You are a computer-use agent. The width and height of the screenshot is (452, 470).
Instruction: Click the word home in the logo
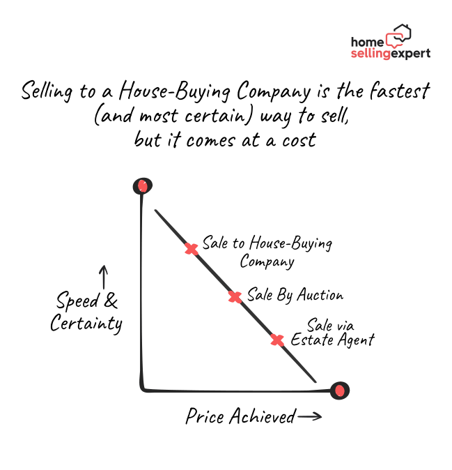click(x=367, y=42)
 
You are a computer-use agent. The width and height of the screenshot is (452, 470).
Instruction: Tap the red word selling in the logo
click(x=371, y=54)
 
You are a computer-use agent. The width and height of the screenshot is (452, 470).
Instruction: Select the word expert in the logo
click(x=411, y=54)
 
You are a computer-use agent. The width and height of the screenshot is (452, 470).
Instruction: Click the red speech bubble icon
click(x=395, y=40)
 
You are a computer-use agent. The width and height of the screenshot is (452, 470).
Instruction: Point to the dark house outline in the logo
click(x=403, y=32)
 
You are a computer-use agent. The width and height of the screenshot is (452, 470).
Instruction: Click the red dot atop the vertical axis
click(x=143, y=186)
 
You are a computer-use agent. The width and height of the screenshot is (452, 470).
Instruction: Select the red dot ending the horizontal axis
click(x=340, y=391)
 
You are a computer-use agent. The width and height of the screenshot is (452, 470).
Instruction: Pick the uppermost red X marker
click(x=192, y=249)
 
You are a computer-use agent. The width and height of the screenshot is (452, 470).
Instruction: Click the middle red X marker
click(x=235, y=297)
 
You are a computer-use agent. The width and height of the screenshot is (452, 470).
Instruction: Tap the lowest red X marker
click(x=277, y=340)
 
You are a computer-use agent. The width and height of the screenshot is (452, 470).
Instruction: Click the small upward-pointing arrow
click(x=104, y=277)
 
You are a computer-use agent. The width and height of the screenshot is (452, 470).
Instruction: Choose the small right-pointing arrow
click(x=310, y=416)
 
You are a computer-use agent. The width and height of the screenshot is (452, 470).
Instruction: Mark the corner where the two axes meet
click(x=143, y=389)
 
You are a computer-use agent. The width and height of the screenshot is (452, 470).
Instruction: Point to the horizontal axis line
click(x=237, y=391)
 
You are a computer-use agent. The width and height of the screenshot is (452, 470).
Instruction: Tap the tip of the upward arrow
click(x=104, y=266)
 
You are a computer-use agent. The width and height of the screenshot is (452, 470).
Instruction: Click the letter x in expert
click(x=402, y=54)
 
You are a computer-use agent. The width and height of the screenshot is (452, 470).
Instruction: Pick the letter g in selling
click(x=387, y=55)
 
